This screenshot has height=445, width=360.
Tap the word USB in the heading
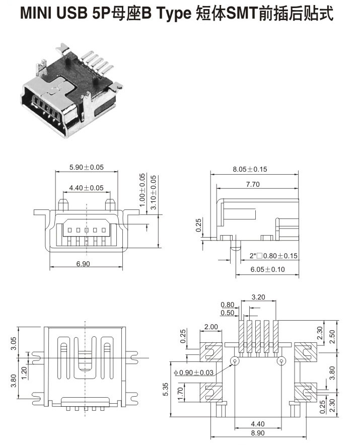(73, 14)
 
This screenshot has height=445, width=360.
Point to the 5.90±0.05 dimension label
(86, 167)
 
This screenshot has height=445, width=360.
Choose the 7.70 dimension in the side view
(253, 185)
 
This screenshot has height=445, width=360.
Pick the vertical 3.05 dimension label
(14, 343)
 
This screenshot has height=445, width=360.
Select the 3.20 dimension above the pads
(258, 297)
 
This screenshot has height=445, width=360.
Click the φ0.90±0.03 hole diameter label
(193, 373)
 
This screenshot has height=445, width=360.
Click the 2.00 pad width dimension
(211, 327)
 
